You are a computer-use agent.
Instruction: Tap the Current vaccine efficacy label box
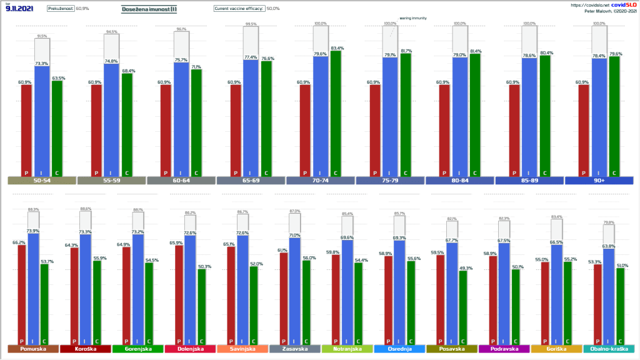pos(239,9)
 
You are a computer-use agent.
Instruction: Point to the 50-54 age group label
pos(42,181)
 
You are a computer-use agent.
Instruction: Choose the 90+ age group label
pos(599,181)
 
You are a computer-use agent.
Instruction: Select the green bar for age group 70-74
pos(335,113)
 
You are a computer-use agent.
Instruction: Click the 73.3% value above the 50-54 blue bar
pos(42,63)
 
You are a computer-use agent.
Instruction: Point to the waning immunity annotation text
pos(413,18)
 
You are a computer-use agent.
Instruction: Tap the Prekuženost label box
pos(61,9)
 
